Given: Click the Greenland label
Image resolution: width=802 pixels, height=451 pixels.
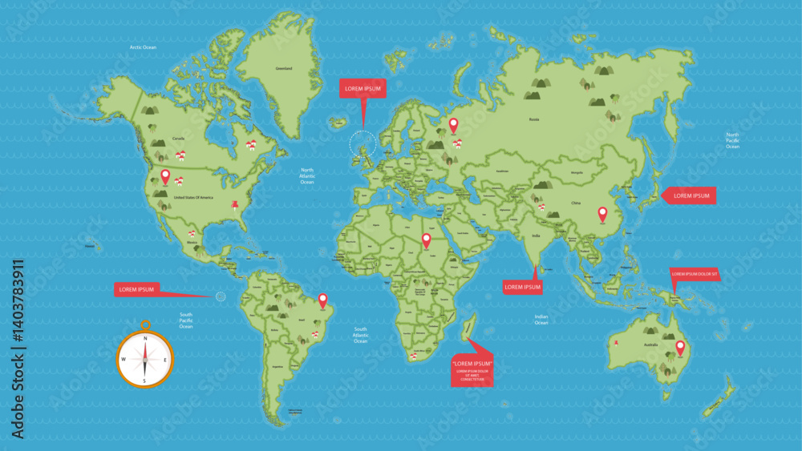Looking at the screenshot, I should pos(284,69).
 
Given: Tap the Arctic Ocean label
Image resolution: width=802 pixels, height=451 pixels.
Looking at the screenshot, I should pos(143,47).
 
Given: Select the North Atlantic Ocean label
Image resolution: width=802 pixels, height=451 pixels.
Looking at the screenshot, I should pos(307,176).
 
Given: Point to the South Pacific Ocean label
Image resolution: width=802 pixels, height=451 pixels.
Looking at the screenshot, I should pos(186,320).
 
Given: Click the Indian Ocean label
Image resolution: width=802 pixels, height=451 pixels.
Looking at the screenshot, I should pos(541,320).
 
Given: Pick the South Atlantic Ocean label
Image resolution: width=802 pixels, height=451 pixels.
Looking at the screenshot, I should pos(361,335).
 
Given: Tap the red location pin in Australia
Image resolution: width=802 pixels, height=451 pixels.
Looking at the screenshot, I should pos(681,348).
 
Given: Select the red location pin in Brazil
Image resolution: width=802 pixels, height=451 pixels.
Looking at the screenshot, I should pos(323,300).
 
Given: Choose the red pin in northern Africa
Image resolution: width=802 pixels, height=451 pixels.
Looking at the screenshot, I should pos(426,240).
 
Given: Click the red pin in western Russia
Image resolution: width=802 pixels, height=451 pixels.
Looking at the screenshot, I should pos(453,125).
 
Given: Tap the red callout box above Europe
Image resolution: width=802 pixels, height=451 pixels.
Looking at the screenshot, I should pos(363,88).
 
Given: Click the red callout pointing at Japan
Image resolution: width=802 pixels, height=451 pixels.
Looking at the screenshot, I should pos(688,195).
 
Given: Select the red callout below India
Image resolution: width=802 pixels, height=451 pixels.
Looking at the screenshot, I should pos(522,287).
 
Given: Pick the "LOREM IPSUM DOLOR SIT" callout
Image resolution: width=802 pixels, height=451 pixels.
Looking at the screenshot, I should pos(695,275).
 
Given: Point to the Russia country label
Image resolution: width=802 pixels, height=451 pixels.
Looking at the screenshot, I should pos(534,119).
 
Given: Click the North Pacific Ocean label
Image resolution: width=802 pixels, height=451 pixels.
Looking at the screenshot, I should pos(732,140).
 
